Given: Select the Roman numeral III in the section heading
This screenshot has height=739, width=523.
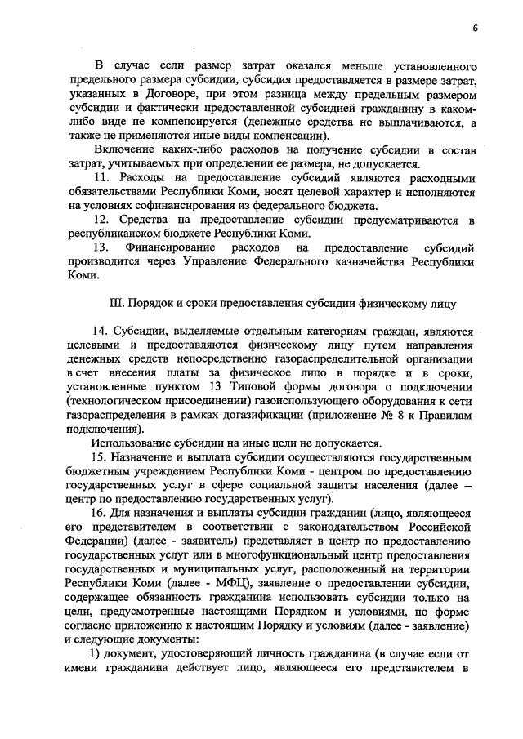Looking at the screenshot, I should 116,302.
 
